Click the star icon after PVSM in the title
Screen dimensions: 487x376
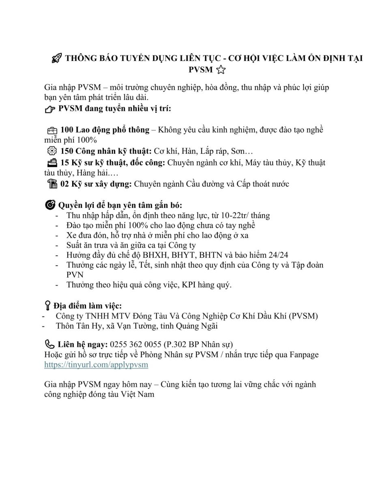[x=221, y=70]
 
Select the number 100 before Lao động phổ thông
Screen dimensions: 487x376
[x=67, y=130]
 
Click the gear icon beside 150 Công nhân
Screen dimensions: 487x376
[x=52, y=151]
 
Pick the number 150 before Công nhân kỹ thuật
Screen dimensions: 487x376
[x=67, y=151]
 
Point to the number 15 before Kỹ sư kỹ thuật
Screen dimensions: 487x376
[x=65, y=162]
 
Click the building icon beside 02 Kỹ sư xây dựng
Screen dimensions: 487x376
[x=52, y=184]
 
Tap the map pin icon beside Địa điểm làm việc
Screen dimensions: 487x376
[x=47, y=305]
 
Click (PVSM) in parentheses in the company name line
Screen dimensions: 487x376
[x=303, y=315]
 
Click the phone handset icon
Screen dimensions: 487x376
[x=49, y=345]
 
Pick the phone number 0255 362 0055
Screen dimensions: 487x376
[x=136, y=345]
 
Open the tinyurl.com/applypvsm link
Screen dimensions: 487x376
[x=96, y=364]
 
